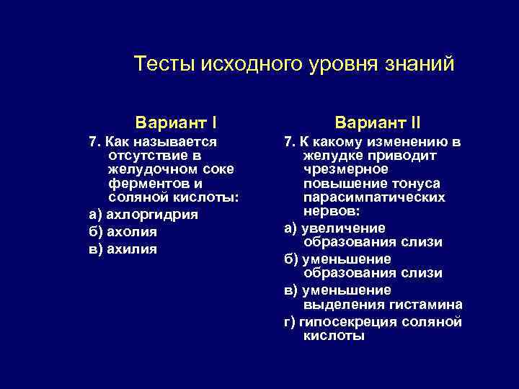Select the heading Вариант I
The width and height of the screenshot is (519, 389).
point(177,117)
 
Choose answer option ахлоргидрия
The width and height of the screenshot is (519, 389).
point(152,215)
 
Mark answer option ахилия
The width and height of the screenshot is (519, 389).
point(132,249)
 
